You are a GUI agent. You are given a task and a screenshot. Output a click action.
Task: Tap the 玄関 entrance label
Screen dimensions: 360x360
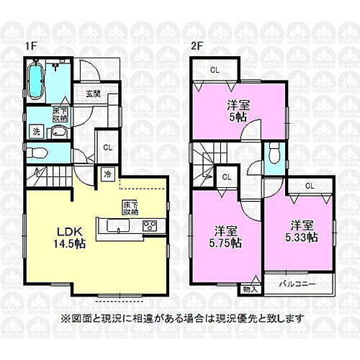pos(93,94)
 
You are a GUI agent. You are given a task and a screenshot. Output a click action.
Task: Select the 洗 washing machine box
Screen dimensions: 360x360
pos(35,131)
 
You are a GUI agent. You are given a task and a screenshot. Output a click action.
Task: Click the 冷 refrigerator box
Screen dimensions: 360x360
pos(107,174)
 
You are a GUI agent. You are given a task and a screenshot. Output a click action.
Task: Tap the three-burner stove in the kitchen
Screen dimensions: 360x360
pos(151,227)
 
